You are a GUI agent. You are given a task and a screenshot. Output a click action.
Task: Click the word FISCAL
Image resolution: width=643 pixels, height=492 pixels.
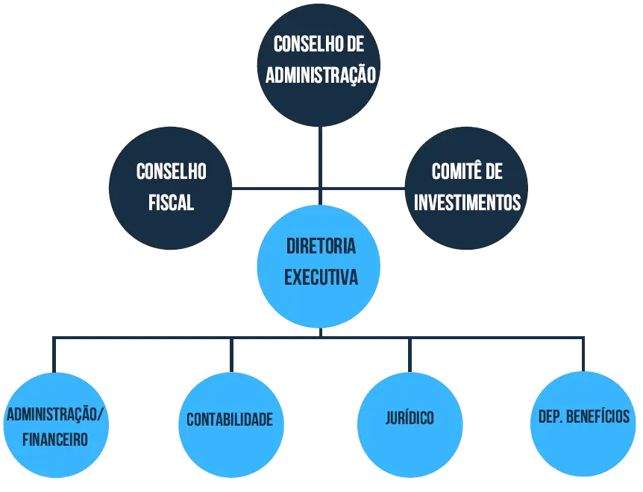[x=171, y=202]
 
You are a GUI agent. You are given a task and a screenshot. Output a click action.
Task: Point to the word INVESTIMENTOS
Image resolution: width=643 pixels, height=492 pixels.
[x=468, y=202]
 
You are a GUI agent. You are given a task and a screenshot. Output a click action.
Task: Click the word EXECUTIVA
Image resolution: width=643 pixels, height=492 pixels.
[x=321, y=278]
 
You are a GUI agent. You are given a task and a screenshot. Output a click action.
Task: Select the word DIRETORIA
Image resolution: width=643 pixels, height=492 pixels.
[x=321, y=247]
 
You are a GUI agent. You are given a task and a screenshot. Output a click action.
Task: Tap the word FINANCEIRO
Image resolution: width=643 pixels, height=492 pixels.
[x=55, y=439]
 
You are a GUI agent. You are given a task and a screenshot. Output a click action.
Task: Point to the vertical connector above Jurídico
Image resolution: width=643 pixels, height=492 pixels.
[x=409, y=354]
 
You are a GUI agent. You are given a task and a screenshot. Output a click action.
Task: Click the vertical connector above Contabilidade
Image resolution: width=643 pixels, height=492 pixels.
[x=232, y=354]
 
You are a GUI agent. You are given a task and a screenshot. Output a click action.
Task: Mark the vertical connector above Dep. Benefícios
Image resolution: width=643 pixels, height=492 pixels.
[x=581, y=354]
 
